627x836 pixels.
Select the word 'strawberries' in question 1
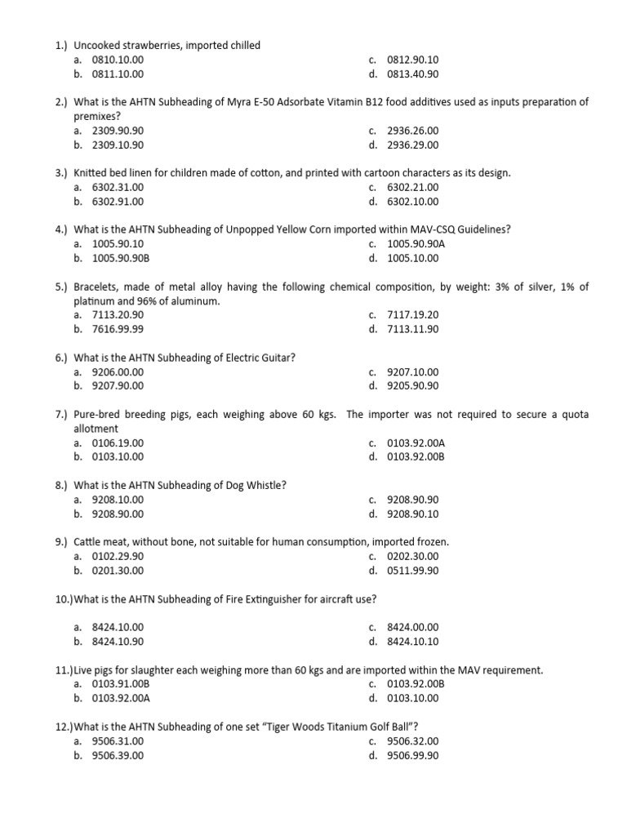[x=151, y=46]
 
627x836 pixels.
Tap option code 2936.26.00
[x=412, y=131]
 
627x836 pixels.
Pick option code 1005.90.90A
[x=416, y=244]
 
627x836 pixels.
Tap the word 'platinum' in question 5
[x=95, y=301]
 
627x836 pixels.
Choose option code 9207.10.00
[x=412, y=371]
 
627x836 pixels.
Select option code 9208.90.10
[x=412, y=514]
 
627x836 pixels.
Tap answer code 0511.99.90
[x=412, y=570]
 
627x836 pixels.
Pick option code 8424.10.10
[x=412, y=641]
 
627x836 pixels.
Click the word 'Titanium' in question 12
[x=336, y=727]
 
